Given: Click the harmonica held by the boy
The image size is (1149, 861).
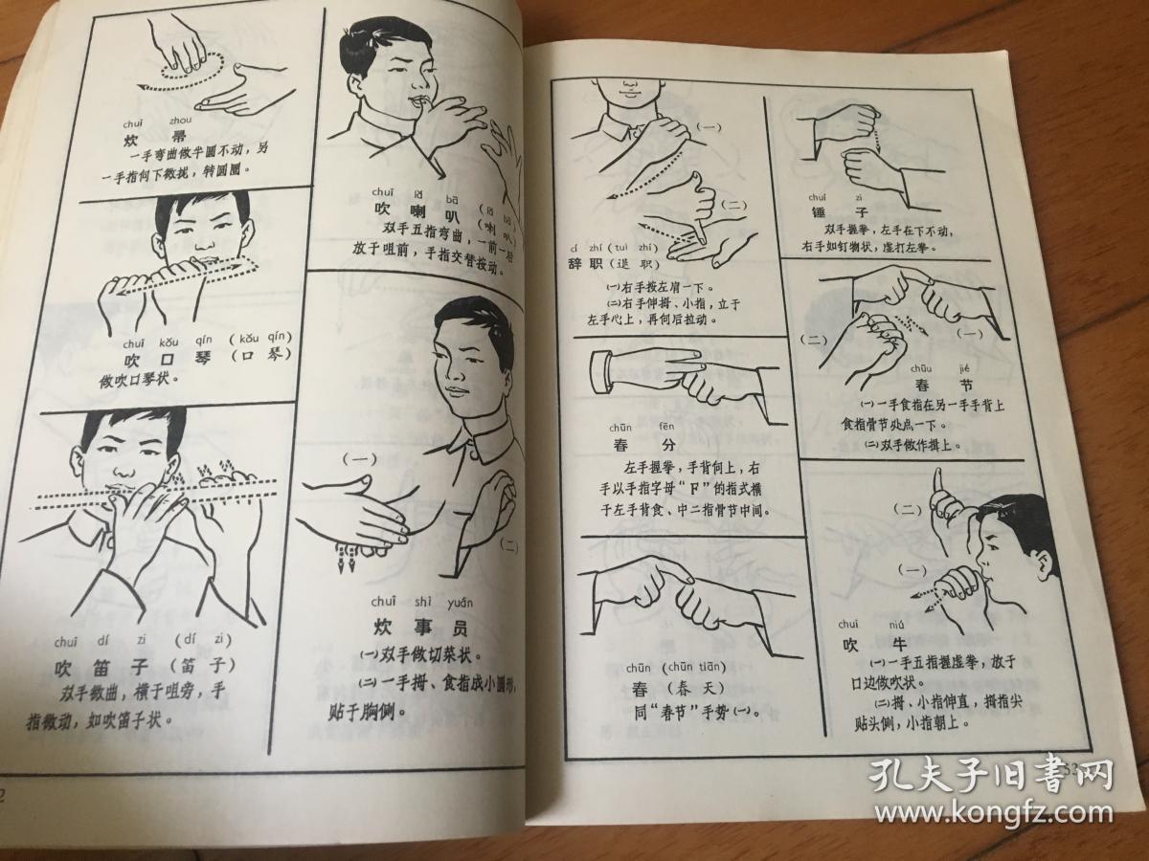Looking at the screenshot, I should coord(182,273).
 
